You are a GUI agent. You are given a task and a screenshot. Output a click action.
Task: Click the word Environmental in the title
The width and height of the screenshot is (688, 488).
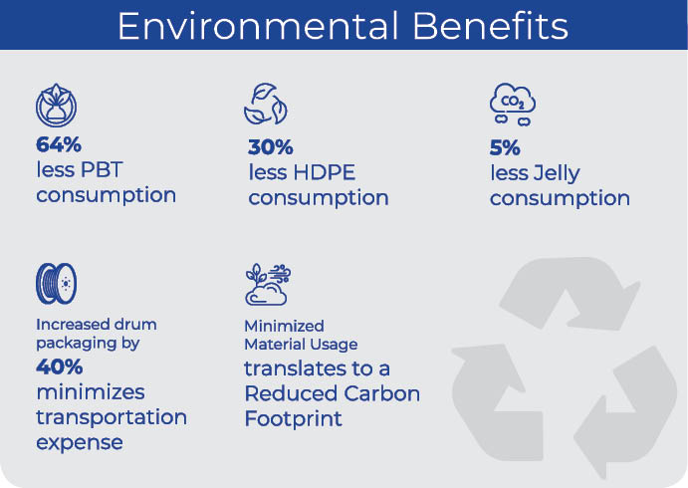258,26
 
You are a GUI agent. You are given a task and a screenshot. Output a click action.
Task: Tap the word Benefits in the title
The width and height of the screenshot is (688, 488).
490,26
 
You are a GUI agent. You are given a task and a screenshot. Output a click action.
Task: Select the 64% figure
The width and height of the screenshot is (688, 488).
59,144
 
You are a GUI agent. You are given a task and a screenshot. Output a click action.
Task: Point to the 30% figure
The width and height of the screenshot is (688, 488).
270,147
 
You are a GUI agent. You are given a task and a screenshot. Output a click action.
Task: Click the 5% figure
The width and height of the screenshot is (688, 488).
505,147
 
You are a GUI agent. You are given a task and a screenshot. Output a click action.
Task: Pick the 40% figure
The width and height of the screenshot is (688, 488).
59,366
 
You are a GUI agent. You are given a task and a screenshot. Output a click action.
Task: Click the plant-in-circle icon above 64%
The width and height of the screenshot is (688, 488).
56,106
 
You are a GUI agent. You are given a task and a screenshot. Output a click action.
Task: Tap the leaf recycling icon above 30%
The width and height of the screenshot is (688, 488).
266,104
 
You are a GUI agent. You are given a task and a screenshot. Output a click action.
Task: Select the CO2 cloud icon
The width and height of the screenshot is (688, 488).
513,105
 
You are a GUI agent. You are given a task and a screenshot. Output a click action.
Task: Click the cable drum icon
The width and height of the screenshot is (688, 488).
56,284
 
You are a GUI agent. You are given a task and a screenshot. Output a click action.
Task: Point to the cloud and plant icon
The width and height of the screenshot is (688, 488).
268,285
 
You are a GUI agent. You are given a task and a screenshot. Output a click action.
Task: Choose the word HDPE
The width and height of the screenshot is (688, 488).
325,172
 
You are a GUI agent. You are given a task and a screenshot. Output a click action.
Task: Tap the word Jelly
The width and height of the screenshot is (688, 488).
556,174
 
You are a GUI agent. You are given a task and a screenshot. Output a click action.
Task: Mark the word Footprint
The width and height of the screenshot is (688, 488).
293,418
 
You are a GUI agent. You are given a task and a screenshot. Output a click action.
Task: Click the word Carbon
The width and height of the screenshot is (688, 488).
381,393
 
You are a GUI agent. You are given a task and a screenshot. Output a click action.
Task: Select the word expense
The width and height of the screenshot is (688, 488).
80,443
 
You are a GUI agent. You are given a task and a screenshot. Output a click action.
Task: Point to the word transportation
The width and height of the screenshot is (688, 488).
112,417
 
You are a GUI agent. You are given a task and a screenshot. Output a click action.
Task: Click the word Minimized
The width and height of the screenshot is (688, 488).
284,326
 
